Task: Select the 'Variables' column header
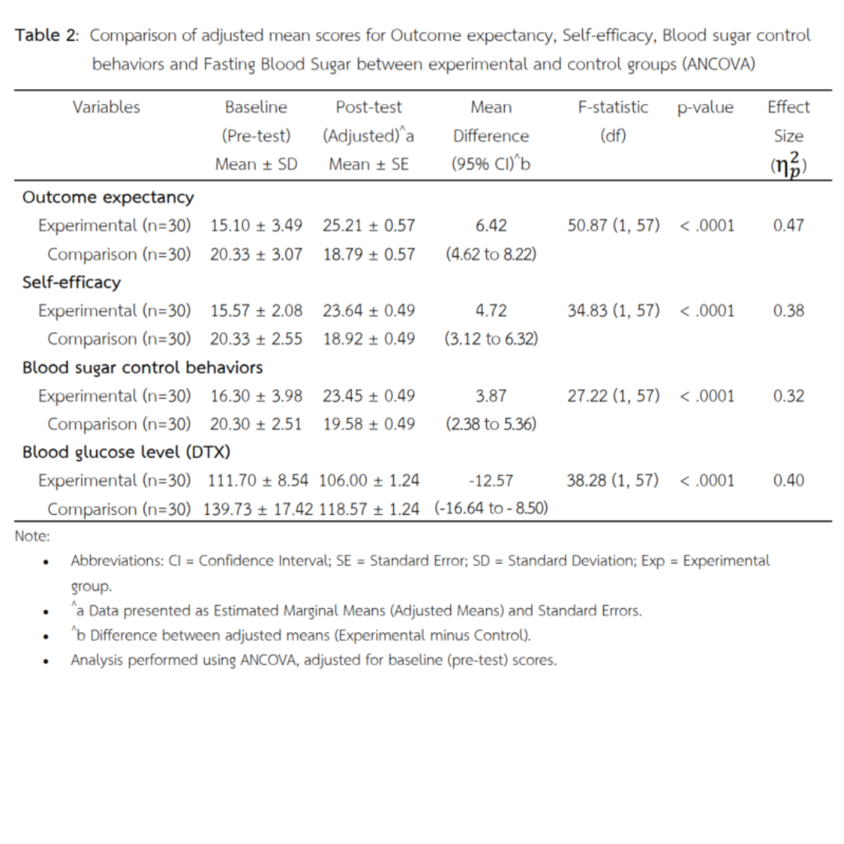tap(106, 107)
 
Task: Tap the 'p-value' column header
tap(705, 107)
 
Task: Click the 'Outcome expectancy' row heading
tap(108, 197)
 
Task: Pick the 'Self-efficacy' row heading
tap(71, 281)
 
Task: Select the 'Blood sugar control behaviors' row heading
tap(142, 367)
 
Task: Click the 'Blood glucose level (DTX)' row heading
tap(126, 452)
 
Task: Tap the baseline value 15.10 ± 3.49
tap(256, 226)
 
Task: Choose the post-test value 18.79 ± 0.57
tap(369, 254)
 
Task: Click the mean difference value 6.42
tap(491, 226)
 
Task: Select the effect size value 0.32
tap(789, 395)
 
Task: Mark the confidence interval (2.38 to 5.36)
tap(491, 424)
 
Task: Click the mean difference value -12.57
tap(491, 481)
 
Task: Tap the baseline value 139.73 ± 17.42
tap(258, 509)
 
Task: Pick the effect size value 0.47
tap(789, 226)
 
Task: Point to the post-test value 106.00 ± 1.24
tap(369, 481)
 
